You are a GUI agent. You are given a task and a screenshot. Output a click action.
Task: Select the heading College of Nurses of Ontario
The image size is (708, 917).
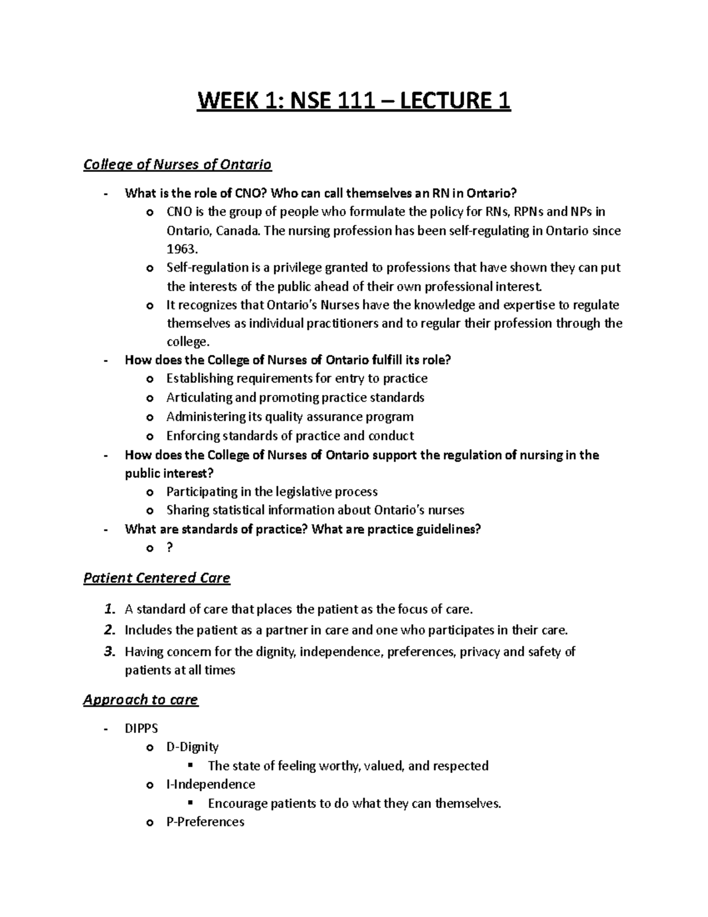pos(177,164)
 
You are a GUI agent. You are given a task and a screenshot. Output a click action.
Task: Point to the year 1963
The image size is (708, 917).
pos(181,249)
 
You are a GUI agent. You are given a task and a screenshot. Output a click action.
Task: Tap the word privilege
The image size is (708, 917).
pos(297,267)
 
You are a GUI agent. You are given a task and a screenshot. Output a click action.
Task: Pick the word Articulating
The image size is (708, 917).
pos(199,397)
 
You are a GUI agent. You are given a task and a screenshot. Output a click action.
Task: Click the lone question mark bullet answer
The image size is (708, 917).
pos(170,547)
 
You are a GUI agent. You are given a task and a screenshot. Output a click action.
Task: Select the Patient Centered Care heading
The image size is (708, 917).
pos(156,577)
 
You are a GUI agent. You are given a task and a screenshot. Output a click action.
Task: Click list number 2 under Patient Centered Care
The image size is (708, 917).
pos(109,630)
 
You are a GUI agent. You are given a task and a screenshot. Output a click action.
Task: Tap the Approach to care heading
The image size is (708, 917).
pos(140,700)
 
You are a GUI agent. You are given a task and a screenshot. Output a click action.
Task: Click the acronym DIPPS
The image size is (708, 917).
pos(141,729)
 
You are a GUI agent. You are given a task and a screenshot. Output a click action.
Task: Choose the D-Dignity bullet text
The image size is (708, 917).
pos(192,747)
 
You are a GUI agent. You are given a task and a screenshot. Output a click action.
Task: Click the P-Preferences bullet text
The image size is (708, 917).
pos(205,822)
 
